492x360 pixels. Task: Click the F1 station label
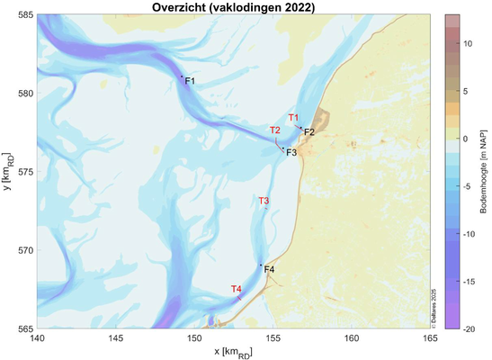(190, 82)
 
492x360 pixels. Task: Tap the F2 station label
(309, 132)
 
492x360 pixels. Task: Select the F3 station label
(291, 153)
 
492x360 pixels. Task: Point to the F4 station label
(269, 270)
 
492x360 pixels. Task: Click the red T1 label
(293, 118)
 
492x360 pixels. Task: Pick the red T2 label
(276, 130)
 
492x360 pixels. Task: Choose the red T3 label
(264, 201)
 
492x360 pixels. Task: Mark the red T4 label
(236, 289)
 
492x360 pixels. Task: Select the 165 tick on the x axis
(430, 338)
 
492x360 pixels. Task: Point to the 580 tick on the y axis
(25, 94)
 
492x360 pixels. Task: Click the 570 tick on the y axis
(25, 251)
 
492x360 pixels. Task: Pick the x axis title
(233, 351)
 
